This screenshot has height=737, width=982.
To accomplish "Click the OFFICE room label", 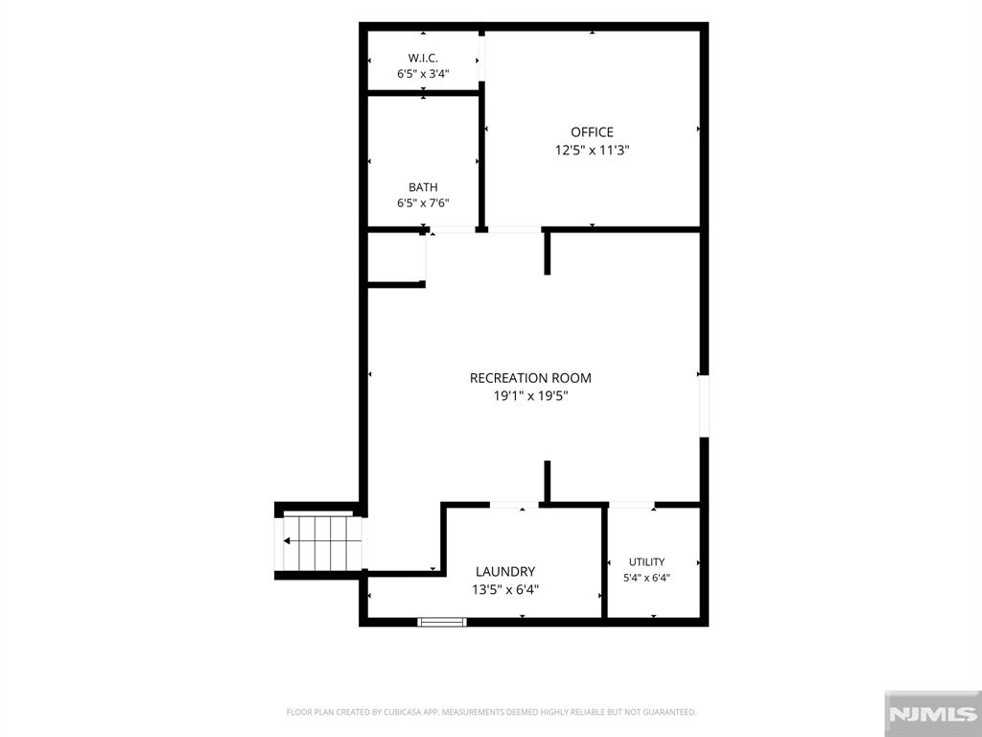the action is click(592, 132).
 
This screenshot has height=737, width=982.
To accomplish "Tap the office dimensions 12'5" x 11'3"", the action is click(592, 151).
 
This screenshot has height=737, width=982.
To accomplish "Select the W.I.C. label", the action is click(423, 59).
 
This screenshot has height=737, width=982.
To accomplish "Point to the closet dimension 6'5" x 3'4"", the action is click(423, 74).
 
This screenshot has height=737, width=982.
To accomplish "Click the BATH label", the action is click(423, 187).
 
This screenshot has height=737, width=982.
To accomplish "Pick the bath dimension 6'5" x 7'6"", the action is click(423, 203).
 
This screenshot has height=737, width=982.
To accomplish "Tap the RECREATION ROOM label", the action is click(530, 378).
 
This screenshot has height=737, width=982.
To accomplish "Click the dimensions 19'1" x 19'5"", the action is click(530, 396).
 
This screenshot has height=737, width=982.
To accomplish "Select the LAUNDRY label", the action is click(505, 572).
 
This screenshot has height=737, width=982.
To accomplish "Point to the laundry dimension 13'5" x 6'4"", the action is click(505, 590).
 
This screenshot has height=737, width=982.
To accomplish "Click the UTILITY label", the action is click(647, 562).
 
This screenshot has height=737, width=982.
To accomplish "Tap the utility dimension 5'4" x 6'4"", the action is click(647, 578).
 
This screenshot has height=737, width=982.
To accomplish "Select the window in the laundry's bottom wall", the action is click(442, 622).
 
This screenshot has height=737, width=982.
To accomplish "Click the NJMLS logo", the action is click(932, 714).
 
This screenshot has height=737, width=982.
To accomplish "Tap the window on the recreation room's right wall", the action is click(704, 406).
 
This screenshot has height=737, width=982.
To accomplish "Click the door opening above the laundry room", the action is click(514, 505).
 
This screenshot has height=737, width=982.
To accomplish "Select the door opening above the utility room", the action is click(632, 505).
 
